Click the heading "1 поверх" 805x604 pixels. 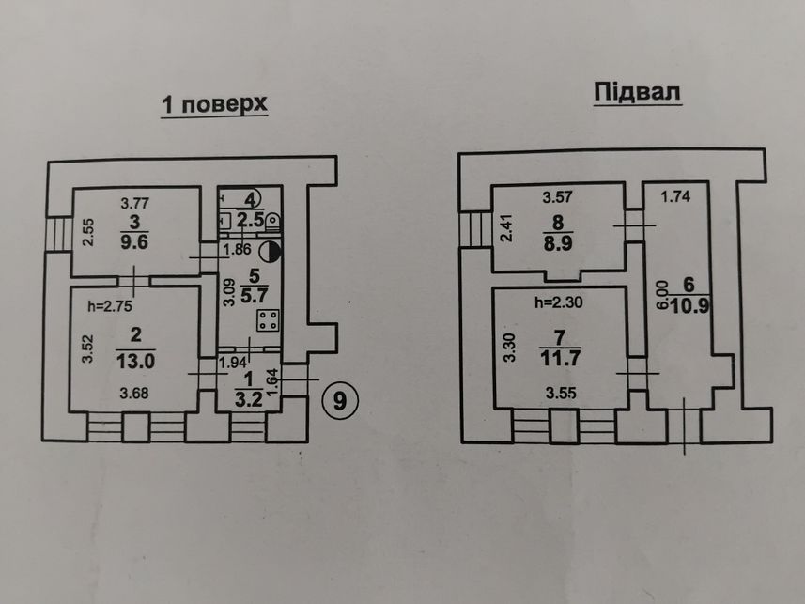pos(214,104)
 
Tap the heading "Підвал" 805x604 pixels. pos(637,92)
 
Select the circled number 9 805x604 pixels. pos(340,399)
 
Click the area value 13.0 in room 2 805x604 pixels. pos(135,361)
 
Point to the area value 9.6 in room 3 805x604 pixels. pos(134,241)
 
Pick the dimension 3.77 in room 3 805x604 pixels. pos(134,204)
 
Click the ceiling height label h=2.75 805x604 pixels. pos(110,306)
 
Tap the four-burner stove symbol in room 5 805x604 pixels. pos(268,320)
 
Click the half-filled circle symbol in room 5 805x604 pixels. pos(270,251)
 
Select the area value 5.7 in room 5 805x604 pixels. pos(255,295)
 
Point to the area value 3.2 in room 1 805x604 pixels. pos(249,398)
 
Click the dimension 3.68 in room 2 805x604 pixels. pos(134,394)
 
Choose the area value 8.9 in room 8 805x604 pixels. pos(558,243)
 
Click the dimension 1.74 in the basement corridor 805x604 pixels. pos(675,196)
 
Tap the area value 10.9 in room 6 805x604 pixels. pos(690,306)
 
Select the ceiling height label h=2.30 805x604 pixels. pos(559,302)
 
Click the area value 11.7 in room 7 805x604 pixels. pos(560,358)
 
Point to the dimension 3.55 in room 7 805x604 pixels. pos(561,394)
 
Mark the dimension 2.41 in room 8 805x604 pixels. pos(506,228)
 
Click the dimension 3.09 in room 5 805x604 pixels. pos(229,292)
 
